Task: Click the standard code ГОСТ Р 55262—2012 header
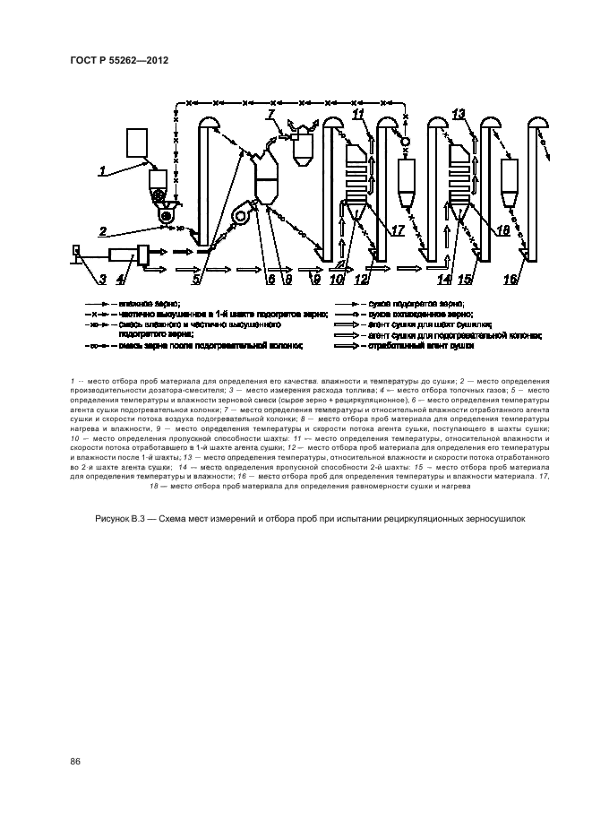(x=120, y=59)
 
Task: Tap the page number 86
(x=75, y=762)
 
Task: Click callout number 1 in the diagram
(x=103, y=169)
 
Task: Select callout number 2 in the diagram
(x=104, y=230)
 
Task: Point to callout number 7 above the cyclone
(x=270, y=114)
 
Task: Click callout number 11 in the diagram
(x=358, y=114)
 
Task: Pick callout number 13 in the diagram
(x=459, y=114)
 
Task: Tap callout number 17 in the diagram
(x=398, y=230)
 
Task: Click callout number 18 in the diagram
(x=502, y=230)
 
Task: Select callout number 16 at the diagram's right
(x=510, y=280)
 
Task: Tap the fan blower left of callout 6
(x=241, y=213)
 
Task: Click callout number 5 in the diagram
(x=196, y=280)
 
